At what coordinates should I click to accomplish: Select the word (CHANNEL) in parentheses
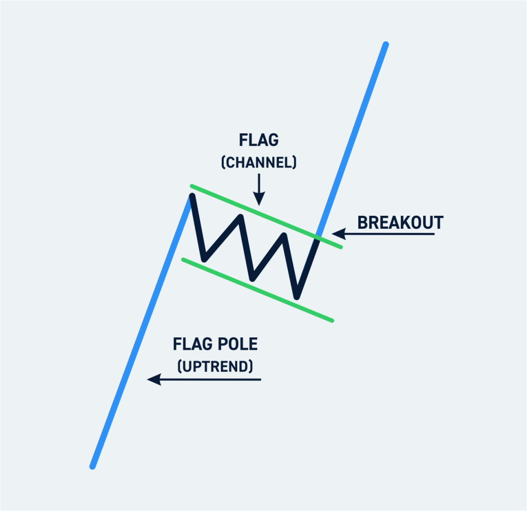(258, 163)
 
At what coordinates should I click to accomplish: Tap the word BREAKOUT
(400, 223)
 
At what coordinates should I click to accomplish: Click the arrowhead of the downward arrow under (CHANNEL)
(259, 199)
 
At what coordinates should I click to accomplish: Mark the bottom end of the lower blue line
(93, 466)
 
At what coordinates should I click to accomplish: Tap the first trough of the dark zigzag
(205, 257)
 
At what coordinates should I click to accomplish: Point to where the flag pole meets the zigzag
(191, 196)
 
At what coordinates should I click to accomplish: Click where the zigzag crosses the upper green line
(319, 237)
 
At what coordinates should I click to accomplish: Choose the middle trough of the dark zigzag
(252, 278)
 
